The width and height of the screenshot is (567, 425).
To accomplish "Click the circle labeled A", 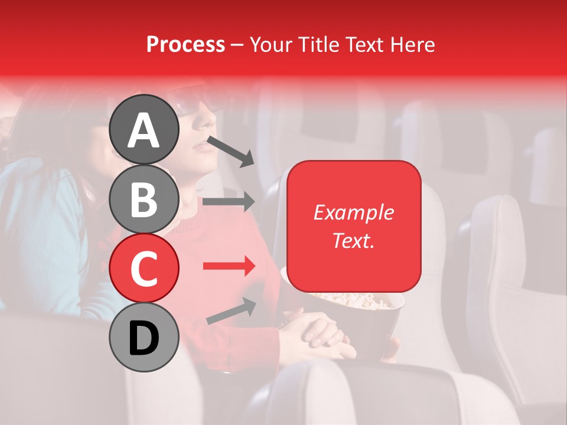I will (x=144, y=129).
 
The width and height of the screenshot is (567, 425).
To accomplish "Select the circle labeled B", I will (x=144, y=199).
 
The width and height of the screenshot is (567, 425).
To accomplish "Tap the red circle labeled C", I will (x=144, y=268).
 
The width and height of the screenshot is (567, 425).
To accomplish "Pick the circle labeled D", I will (x=144, y=337).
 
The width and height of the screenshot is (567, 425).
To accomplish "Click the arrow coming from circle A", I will (x=231, y=151).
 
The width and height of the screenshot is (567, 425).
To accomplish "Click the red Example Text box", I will (x=354, y=226).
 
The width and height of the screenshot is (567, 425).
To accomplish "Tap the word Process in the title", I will (x=185, y=44).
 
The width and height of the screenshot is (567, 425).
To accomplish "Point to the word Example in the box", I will (x=354, y=212).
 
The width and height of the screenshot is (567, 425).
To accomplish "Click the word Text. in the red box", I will (x=354, y=240).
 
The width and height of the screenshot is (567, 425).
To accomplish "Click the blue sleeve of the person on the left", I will (x=41, y=236).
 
